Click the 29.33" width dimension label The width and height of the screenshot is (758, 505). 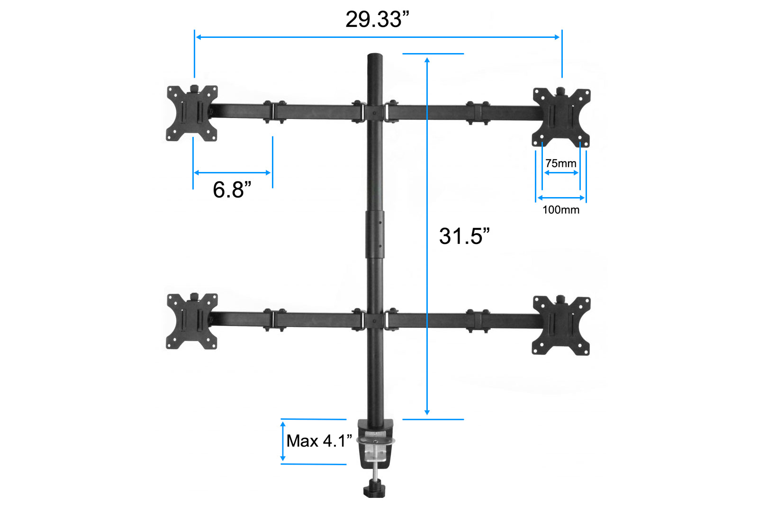click(377, 19)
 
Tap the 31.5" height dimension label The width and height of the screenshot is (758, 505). click(464, 235)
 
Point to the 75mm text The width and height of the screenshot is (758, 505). click(561, 163)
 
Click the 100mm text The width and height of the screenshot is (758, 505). click(561, 210)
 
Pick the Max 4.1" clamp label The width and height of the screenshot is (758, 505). click(319, 441)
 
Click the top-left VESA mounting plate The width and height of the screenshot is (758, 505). click(192, 113)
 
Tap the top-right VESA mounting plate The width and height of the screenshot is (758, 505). click(561, 117)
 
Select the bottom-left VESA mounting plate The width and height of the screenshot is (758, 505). click(192, 321)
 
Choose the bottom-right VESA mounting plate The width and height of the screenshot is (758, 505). click(561, 325)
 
